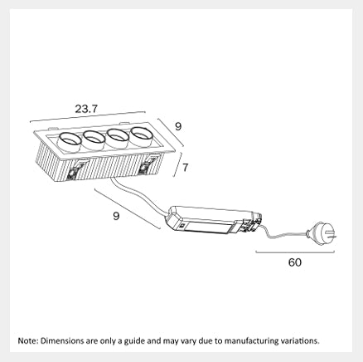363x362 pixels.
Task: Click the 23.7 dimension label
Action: point(86,109)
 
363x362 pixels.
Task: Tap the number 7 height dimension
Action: point(185,168)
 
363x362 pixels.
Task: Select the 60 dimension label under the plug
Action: point(295,262)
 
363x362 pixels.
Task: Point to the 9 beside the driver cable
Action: point(116,216)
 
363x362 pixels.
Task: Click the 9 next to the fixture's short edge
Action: point(178,126)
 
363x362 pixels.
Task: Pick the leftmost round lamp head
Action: point(70,142)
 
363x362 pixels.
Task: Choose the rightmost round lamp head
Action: point(141,136)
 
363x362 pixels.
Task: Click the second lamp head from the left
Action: point(94,139)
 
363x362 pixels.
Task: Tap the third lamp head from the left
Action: point(118,138)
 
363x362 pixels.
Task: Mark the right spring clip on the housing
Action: point(148,164)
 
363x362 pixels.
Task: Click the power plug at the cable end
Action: point(322,233)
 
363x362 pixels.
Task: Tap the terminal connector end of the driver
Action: point(250,223)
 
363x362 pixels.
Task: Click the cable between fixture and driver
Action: point(139,196)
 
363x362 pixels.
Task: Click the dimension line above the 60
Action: point(295,252)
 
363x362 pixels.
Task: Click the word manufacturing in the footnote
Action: point(250,341)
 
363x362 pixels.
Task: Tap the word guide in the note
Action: point(134,341)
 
